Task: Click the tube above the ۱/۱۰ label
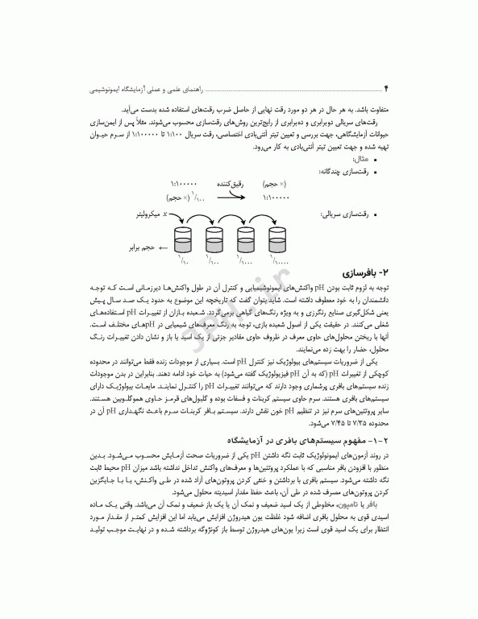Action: [184, 239]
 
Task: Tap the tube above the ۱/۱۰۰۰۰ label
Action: [279, 239]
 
